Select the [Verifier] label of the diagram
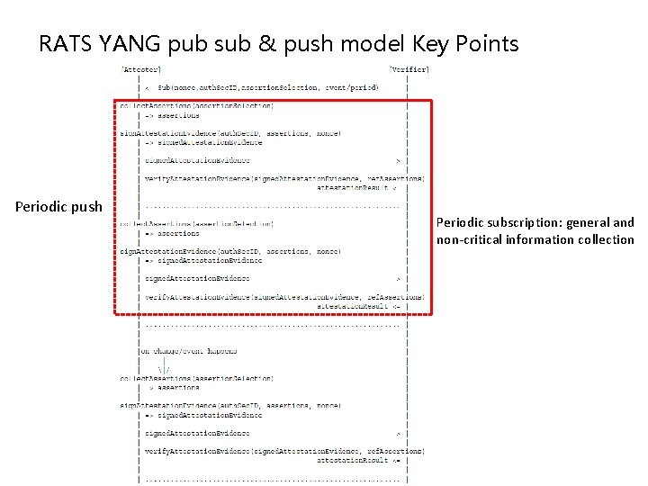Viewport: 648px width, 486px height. pos(409,68)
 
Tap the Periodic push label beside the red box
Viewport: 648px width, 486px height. pos(58,207)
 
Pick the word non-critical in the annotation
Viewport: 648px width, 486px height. pos(469,239)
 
